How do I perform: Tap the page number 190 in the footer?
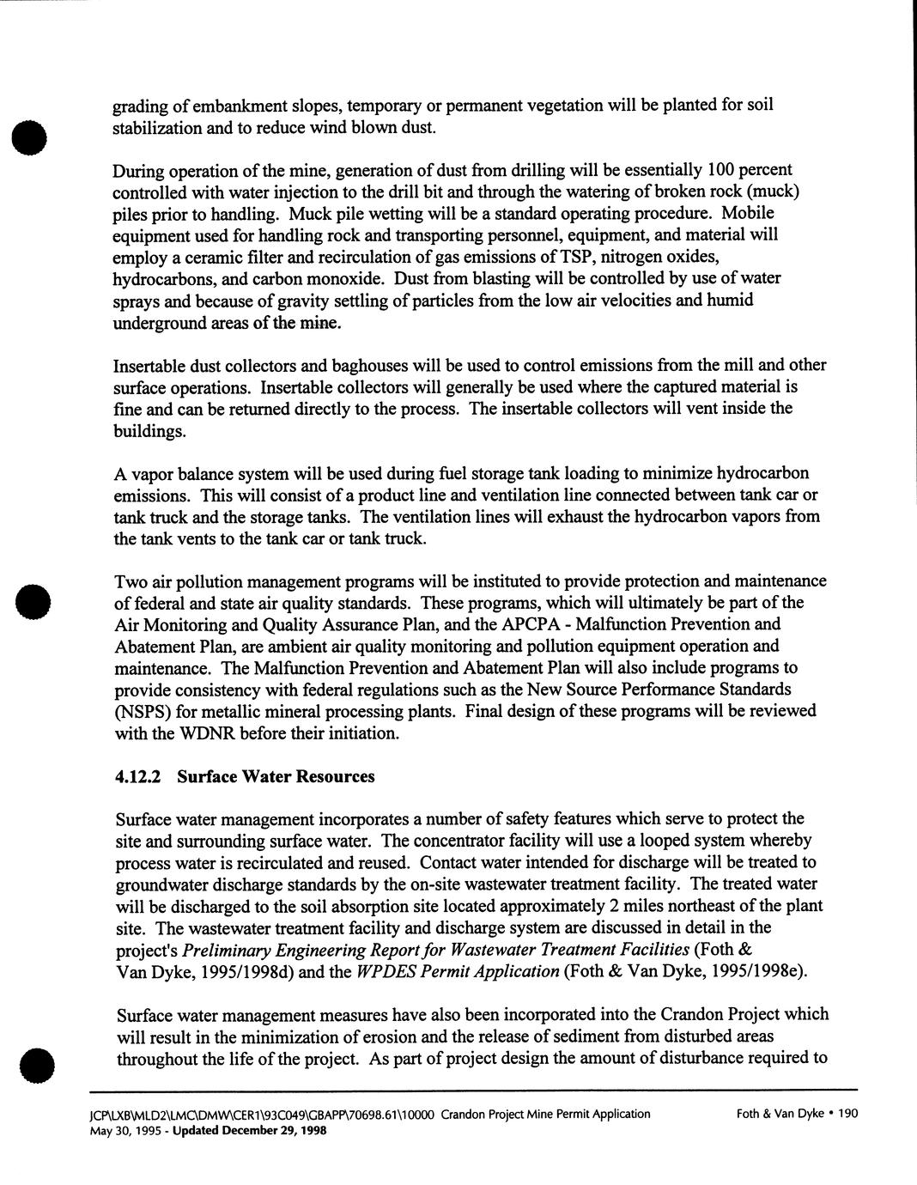847,1114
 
